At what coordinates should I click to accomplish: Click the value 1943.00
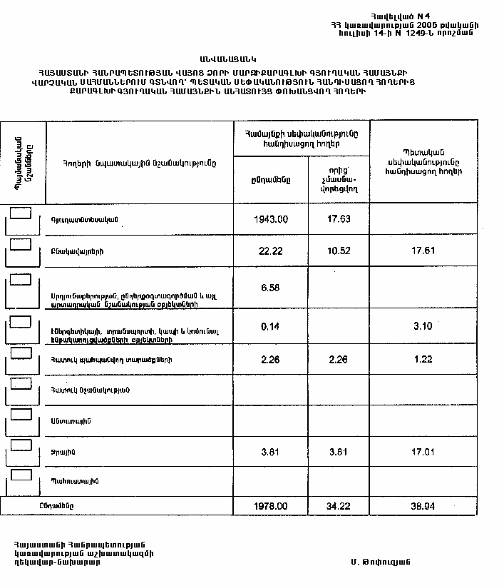271,220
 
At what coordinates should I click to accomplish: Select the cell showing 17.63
339,220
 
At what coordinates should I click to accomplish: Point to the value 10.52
339,251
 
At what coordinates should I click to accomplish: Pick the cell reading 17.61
423,251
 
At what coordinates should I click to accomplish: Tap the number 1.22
423,359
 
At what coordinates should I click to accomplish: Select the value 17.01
423,451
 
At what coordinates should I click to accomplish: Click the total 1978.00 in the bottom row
271,505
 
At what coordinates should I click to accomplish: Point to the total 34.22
339,505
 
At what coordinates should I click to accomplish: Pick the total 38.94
423,505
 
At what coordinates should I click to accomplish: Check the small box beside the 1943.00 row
21,213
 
